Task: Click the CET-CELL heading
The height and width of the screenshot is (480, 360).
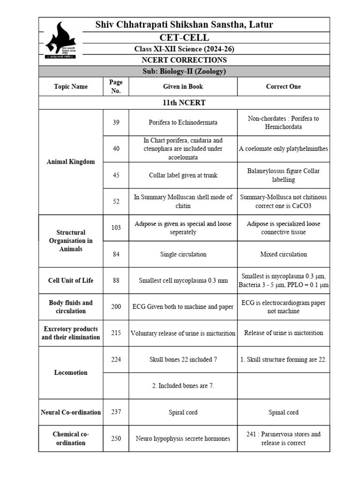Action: tap(184, 37)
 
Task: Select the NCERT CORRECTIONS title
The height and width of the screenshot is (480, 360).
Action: tap(184, 60)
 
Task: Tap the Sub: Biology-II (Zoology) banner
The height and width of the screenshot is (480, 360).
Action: tap(184, 71)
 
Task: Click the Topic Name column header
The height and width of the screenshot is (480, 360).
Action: tap(71, 87)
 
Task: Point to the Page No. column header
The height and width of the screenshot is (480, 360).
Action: tap(116, 87)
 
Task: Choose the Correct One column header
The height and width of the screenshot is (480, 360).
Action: tap(283, 87)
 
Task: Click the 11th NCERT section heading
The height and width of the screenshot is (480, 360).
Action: tap(184, 103)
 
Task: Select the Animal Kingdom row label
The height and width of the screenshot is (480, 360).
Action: tap(71, 162)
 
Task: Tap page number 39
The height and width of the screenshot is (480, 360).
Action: tap(116, 122)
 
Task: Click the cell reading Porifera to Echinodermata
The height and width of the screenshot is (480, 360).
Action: tap(183, 122)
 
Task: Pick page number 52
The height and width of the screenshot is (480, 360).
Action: tap(116, 201)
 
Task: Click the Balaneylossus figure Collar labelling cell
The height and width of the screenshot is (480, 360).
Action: tap(283, 175)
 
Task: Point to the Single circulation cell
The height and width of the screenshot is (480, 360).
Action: tap(183, 254)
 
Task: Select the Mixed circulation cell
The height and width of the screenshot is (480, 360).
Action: tap(283, 254)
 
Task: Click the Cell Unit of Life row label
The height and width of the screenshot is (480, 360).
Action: tap(71, 280)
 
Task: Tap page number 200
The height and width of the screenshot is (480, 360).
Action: tap(116, 307)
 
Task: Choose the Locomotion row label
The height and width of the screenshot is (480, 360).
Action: tap(71, 373)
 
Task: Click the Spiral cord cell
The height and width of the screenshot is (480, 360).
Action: tap(183, 412)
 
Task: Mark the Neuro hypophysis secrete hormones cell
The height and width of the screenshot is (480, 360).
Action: tap(183, 439)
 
